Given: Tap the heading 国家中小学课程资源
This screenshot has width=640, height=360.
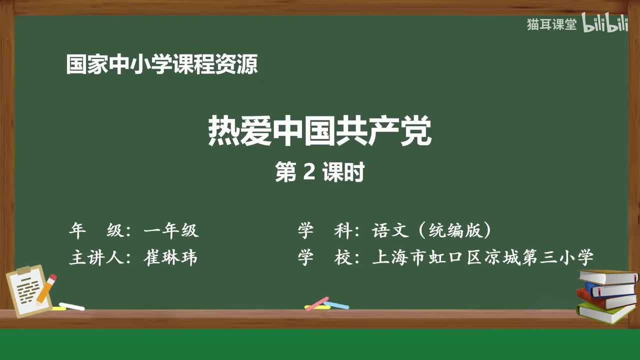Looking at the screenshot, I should coord(162,65).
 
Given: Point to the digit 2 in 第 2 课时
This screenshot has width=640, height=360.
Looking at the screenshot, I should coord(309,173).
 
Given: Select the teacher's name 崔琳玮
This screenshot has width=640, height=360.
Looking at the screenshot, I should coord(170,257).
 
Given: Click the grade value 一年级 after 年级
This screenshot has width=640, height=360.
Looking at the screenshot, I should coord(170,230).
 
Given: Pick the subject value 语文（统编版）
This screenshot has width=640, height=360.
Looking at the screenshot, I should coord(431,230).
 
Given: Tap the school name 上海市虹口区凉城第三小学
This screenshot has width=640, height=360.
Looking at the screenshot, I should coord(482,257).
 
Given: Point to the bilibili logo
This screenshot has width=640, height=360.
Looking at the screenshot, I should coord(604,24).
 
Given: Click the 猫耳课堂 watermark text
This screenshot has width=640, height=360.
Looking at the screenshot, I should coord(551,24).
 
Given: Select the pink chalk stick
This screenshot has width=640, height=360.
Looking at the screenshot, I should coord(317,303).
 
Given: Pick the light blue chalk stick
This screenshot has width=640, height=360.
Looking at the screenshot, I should coord(336,304).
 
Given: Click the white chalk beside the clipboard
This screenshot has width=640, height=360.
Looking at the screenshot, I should coord(71,306).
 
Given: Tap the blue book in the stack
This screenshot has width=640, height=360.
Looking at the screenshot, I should coord(610,289).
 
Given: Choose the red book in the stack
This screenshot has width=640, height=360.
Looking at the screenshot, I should coord(605,300).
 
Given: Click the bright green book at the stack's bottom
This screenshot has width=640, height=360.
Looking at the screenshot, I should coord(605,312).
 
